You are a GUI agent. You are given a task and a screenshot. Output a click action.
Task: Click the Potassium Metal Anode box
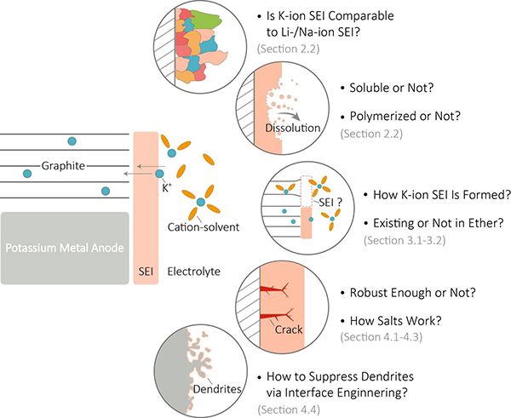[65, 248]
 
